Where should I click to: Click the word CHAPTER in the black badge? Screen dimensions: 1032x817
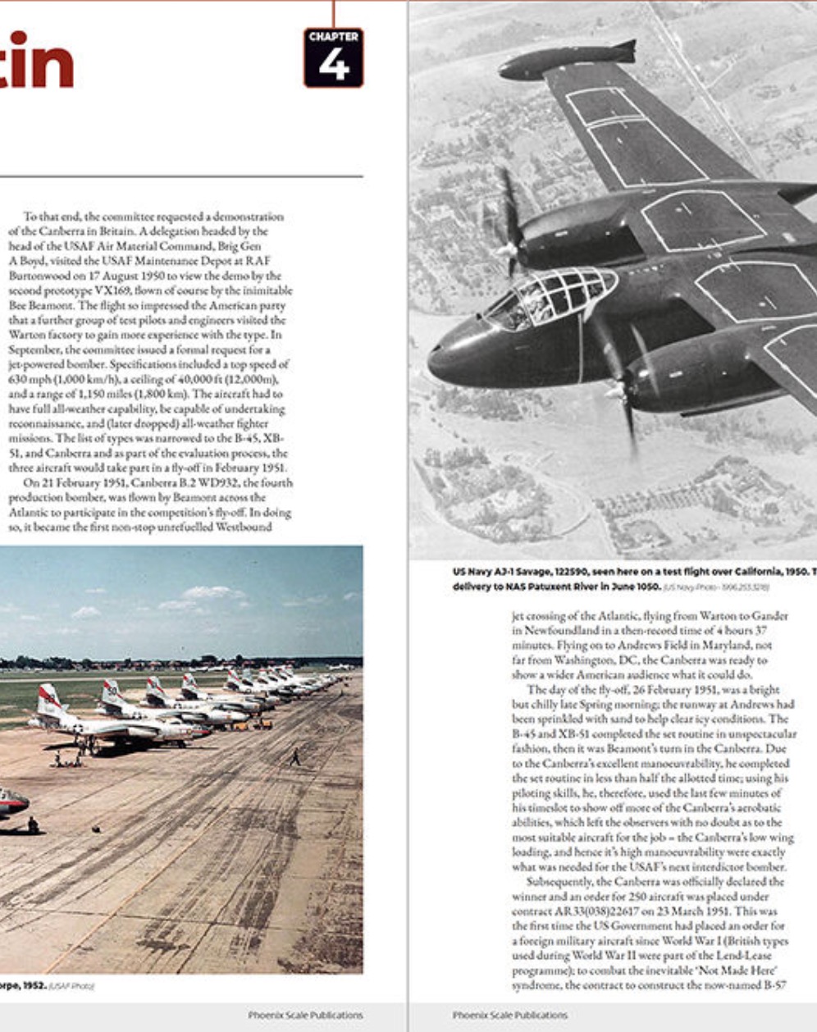[x=333, y=37]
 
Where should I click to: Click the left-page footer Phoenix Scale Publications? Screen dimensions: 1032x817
[x=305, y=1015]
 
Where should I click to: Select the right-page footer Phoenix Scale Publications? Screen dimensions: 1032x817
[x=509, y=1015]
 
